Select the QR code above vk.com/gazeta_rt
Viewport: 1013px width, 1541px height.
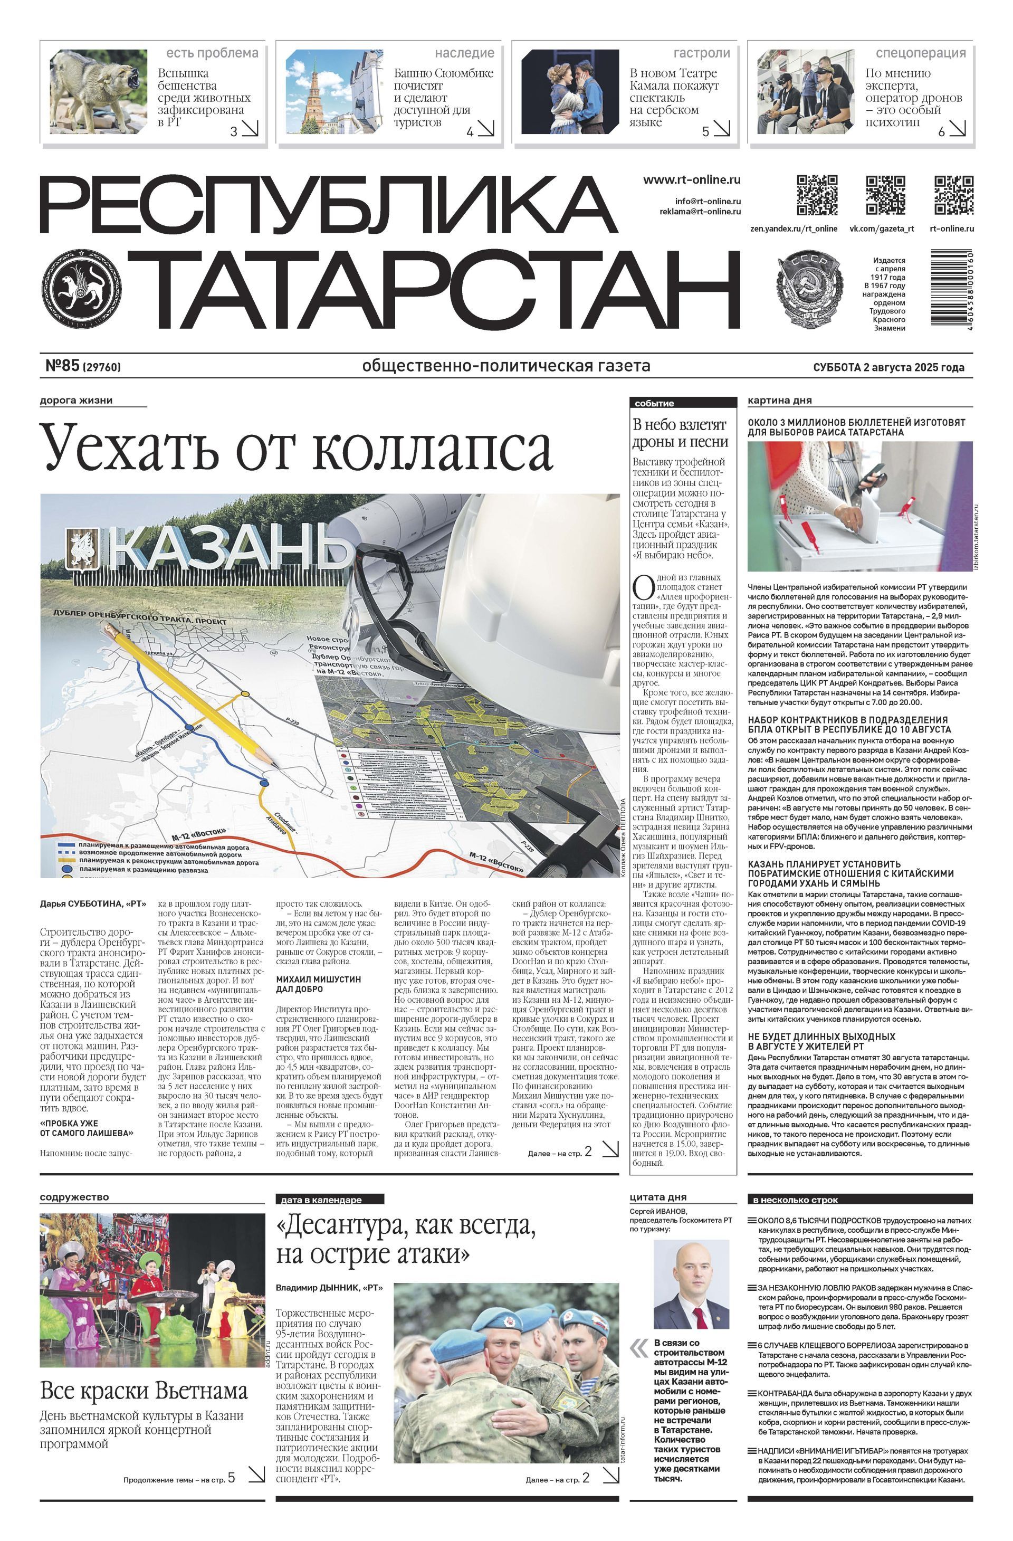885,194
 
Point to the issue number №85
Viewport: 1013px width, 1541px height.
62,366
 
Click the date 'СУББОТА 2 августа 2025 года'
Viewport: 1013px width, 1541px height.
888,367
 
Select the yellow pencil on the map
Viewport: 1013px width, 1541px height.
194,693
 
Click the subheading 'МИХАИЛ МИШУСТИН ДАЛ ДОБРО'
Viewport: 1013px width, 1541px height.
319,984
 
